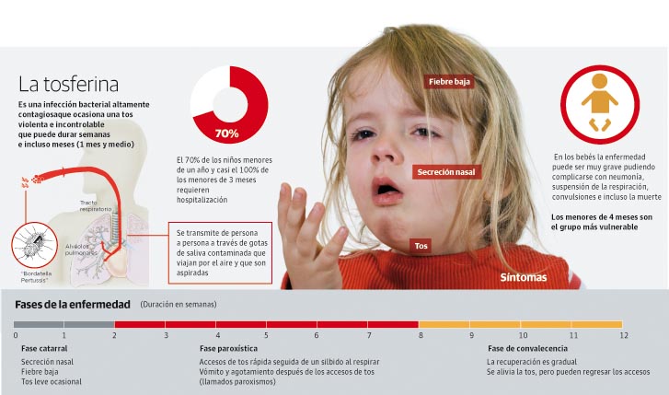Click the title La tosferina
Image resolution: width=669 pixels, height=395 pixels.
pyautogui.click(x=68, y=84)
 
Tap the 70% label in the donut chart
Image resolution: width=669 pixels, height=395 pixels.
pyautogui.click(x=226, y=134)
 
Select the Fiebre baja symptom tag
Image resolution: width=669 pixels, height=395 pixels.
pyautogui.click(x=449, y=82)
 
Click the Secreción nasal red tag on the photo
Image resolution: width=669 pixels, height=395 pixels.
pyautogui.click(x=446, y=172)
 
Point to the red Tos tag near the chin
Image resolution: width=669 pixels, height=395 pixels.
pyautogui.click(x=421, y=246)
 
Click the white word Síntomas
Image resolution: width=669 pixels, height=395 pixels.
pyautogui.click(x=523, y=277)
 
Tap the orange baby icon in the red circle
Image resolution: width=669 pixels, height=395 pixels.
pyautogui.click(x=599, y=102)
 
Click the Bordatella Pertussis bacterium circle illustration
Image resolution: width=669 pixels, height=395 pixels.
pyautogui.click(x=34, y=245)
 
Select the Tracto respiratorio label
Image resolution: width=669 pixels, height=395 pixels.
pyautogui.click(x=96, y=206)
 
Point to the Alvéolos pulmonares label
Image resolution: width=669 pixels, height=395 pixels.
pyautogui.click(x=81, y=250)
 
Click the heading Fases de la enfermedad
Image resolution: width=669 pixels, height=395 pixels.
pyautogui.click(x=73, y=305)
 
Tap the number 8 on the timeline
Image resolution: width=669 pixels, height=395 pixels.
pyautogui.click(x=421, y=335)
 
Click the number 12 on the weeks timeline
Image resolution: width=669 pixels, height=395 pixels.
pyautogui.click(x=624, y=335)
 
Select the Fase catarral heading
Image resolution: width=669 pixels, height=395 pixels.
pyautogui.click(x=44, y=348)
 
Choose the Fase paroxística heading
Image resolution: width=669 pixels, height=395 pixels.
pyautogui.click(x=228, y=348)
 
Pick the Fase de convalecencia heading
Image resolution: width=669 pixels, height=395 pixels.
pyautogui.click(x=527, y=348)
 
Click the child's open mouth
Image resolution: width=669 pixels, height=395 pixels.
pyautogui.click(x=386, y=189)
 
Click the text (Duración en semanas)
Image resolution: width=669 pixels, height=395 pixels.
pyautogui.click(x=179, y=305)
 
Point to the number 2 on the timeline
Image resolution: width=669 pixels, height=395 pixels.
pyautogui.click(x=114, y=335)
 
